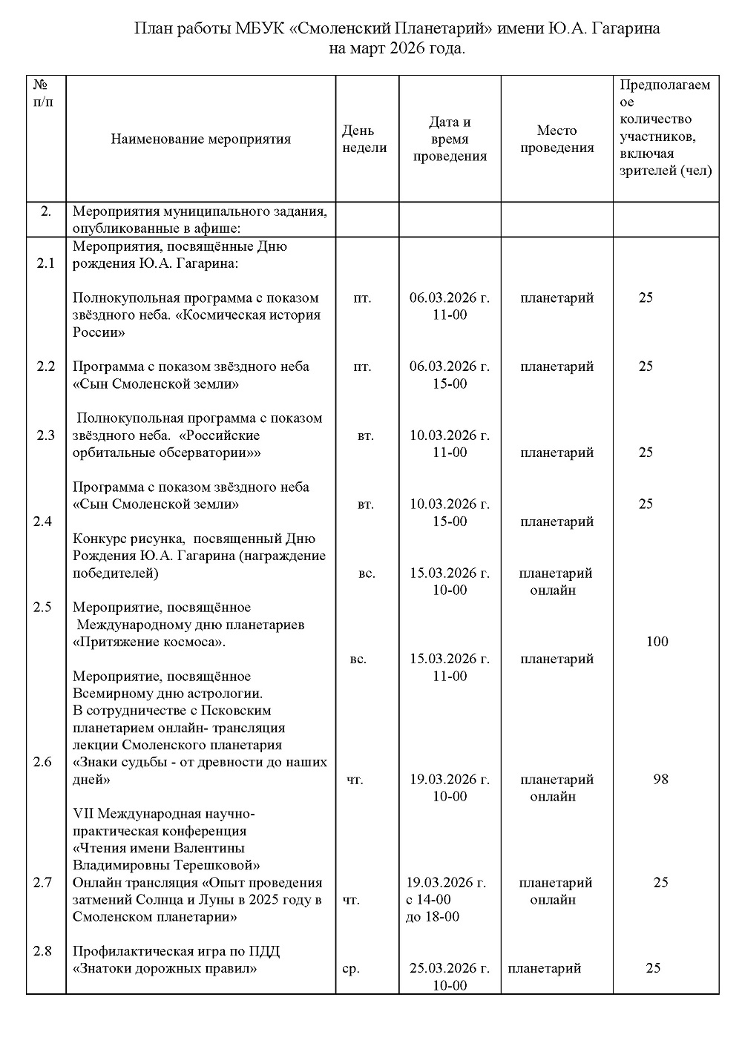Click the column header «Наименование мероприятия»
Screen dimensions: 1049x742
[200, 139]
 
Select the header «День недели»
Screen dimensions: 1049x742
[364, 139]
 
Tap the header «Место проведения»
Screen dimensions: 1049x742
[556, 139]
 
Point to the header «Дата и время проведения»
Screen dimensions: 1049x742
[450, 139]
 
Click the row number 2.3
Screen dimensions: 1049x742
[46, 435]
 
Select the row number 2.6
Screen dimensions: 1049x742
[43, 762]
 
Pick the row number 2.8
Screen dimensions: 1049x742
[43, 951]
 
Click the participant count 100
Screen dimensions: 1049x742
[657, 642]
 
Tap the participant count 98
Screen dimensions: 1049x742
[660, 780]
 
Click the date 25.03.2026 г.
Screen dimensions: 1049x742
[450, 968]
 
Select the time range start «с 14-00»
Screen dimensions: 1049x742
[429, 900]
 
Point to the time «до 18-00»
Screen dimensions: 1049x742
[433, 917]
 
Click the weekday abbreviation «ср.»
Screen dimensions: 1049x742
[350, 969]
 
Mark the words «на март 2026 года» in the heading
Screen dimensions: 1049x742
[397, 49]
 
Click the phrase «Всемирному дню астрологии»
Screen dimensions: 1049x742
[168, 694]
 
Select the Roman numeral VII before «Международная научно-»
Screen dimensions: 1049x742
[84, 813]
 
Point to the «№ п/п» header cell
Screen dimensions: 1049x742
[45, 93]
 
